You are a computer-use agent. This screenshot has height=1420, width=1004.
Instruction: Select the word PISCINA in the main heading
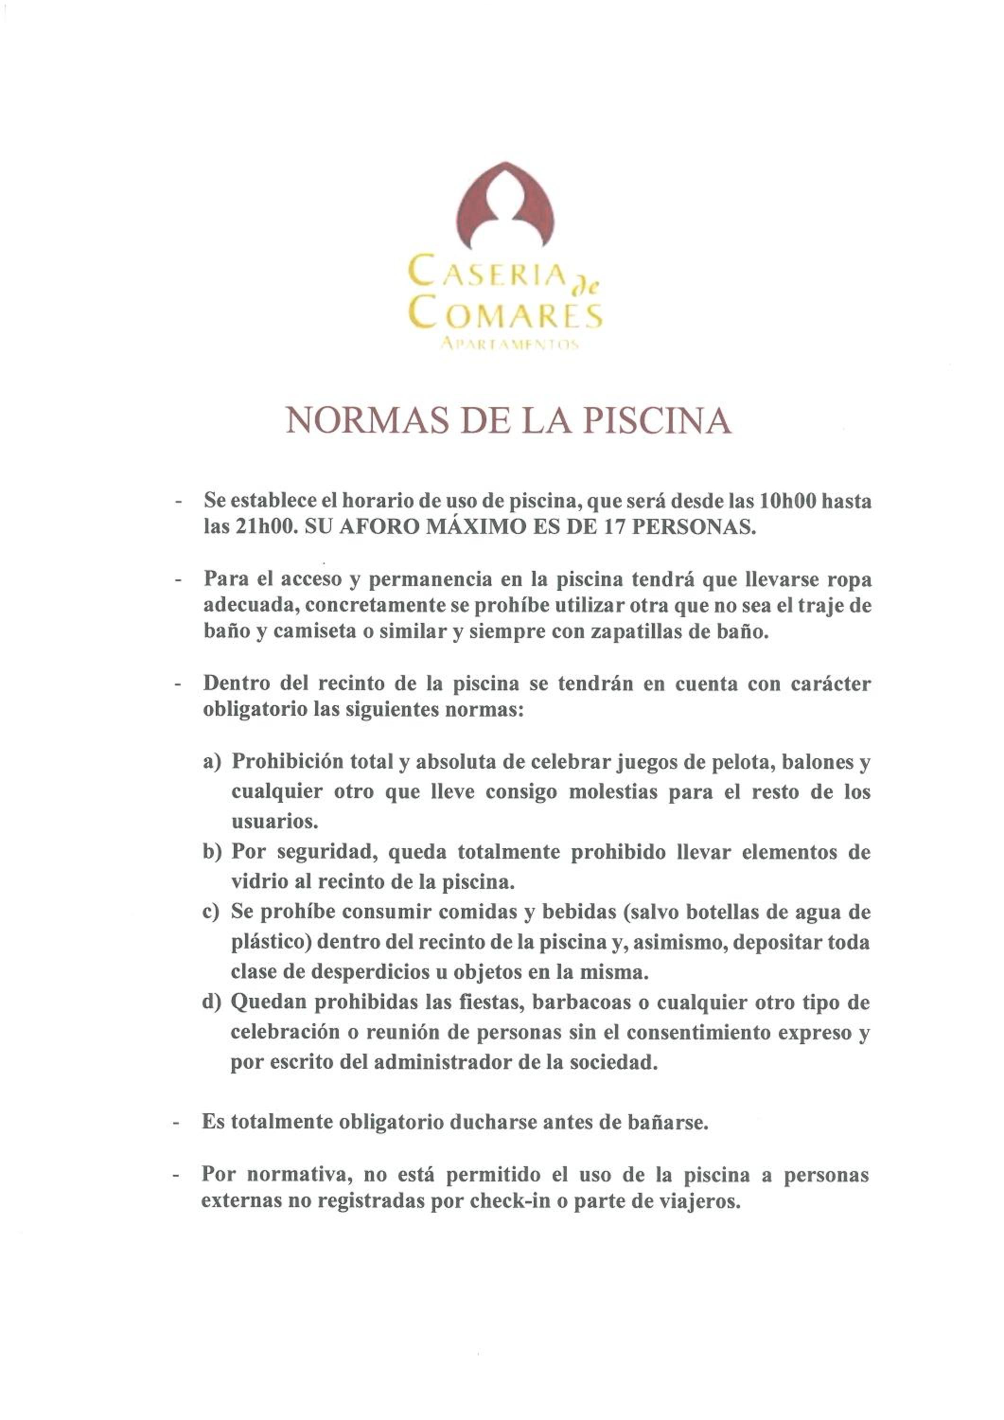click(x=657, y=421)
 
